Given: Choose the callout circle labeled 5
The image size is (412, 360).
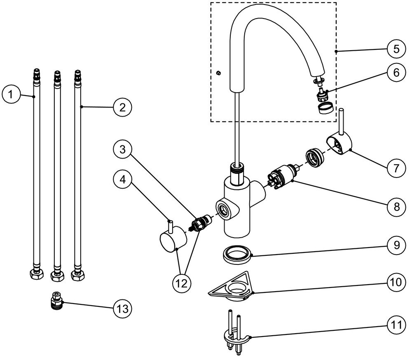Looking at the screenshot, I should [396, 49].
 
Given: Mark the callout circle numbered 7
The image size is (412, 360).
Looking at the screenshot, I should [396, 168].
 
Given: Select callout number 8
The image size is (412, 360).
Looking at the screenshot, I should [396, 207].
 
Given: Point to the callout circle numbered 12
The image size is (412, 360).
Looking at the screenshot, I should [182, 283].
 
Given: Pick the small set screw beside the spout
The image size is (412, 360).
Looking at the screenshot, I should [218, 73].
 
